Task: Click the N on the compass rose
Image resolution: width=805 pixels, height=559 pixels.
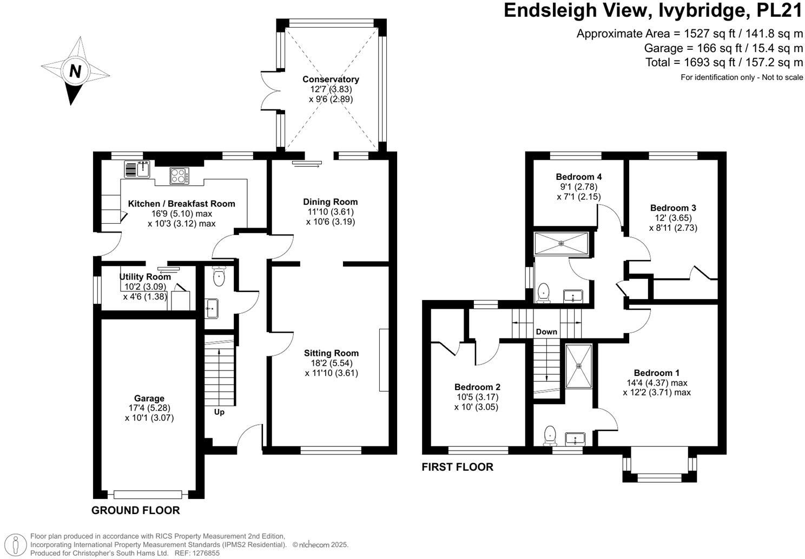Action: click(75, 71)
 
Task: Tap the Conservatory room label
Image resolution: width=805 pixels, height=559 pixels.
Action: click(331, 79)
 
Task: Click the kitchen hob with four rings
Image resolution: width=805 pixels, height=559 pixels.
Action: click(179, 175)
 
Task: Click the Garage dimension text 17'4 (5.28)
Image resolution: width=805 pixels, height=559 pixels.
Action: click(149, 408)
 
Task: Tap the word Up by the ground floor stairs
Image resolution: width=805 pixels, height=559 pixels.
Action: click(219, 412)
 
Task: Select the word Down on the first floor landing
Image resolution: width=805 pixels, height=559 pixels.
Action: click(546, 331)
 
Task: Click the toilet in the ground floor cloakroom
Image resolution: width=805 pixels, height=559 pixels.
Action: click(219, 277)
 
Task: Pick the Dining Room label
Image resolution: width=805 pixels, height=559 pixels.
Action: click(330, 202)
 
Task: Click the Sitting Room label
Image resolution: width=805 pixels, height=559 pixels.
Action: click(331, 353)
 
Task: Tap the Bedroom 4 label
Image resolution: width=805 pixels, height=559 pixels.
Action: click(578, 177)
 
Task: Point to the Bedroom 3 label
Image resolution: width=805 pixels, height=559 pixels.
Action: click(673, 208)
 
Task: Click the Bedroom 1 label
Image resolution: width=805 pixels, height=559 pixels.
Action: click(657, 373)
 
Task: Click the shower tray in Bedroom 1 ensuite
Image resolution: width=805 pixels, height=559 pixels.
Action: click(578, 366)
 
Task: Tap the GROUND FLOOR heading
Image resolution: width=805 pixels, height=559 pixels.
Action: click(135, 510)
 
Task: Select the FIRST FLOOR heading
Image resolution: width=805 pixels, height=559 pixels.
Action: click(457, 467)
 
